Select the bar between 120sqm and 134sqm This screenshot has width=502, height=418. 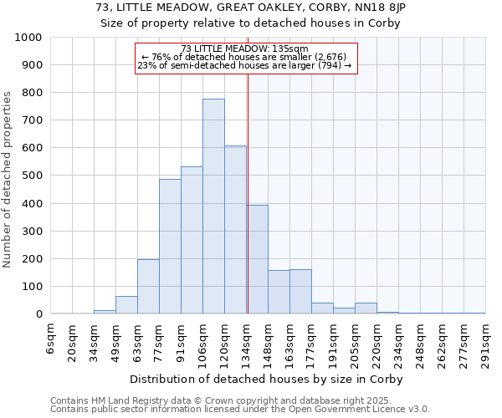pyautogui.click(x=235, y=230)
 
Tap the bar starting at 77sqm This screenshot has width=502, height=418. pyautogui.click(x=170, y=247)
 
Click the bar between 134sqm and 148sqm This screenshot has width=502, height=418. pyautogui.click(x=258, y=259)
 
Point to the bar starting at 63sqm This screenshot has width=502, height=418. pyautogui.click(x=148, y=287)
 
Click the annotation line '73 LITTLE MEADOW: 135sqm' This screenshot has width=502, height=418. pyautogui.click(x=245, y=49)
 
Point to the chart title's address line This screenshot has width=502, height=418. pyautogui.click(x=251, y=8)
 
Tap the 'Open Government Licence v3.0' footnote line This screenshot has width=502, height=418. pyautogui.click(x=240, y=409)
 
